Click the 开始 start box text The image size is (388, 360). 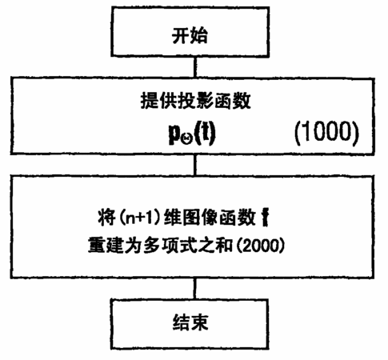(190, 35)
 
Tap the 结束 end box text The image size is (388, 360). (190, 322)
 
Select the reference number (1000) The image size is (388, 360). (326, 132)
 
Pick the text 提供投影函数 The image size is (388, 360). (195, 101)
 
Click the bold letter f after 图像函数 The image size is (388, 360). (265, 218)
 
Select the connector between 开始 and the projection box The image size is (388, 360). (195, 67)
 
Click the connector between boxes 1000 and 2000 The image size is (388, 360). (195, 165)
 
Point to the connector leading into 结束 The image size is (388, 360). (195, 289)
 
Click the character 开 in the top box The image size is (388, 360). (181, 35)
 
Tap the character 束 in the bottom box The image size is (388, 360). (199, 322)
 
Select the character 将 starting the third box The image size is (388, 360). (106, 218)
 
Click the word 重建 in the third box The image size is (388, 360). (106, 245)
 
